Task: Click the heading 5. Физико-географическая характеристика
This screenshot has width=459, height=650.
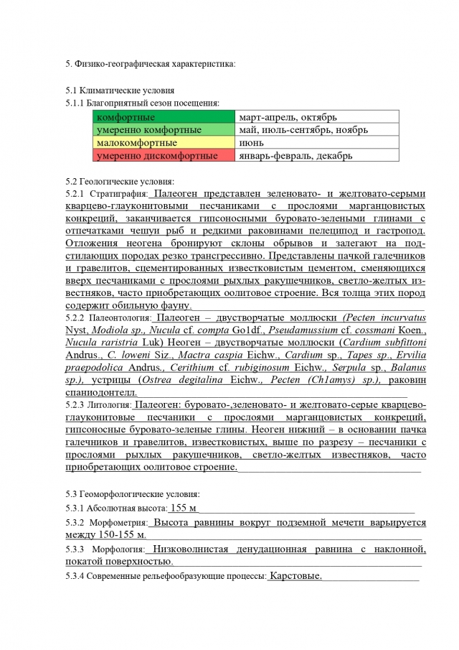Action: coord(150,64)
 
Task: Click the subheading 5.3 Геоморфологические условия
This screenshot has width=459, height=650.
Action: coord(133,494)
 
